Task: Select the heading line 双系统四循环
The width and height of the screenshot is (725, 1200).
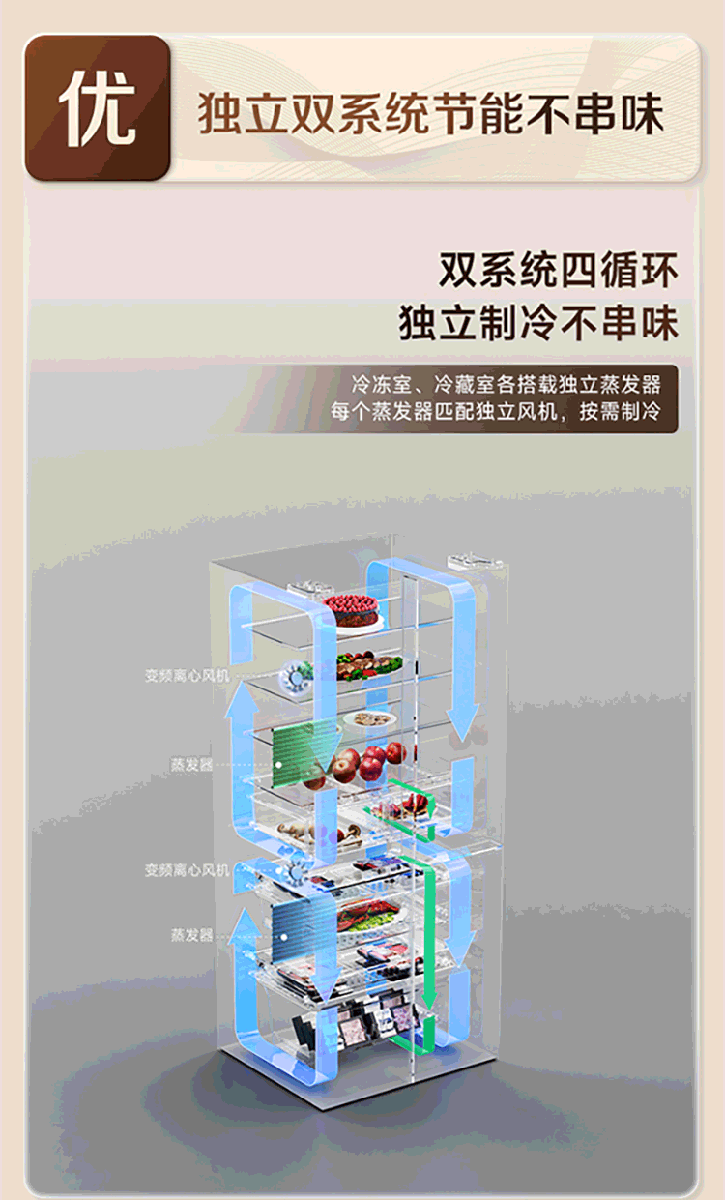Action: [558, 270]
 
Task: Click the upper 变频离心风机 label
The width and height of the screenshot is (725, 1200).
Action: [188, 676]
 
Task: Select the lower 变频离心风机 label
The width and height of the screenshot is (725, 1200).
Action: [188, 870]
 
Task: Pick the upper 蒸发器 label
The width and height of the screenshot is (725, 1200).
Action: [191, 764]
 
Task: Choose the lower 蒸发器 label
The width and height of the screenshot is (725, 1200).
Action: [191, 935]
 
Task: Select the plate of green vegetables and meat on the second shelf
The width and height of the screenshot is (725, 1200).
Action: [368, 666]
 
